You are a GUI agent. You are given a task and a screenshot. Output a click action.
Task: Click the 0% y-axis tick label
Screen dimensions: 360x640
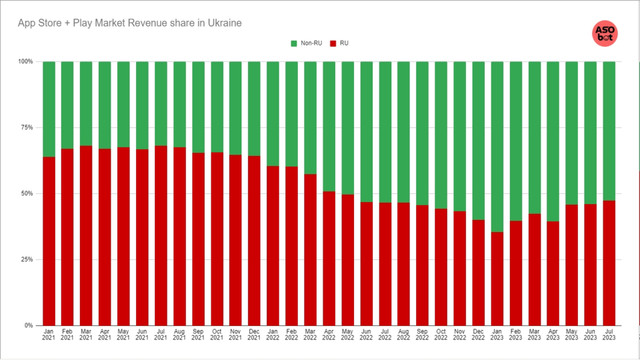[28, 326]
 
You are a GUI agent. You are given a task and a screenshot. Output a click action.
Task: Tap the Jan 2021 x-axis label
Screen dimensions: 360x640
[49, 340]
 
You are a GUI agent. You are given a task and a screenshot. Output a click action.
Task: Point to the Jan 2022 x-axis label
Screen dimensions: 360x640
[273, 340]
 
